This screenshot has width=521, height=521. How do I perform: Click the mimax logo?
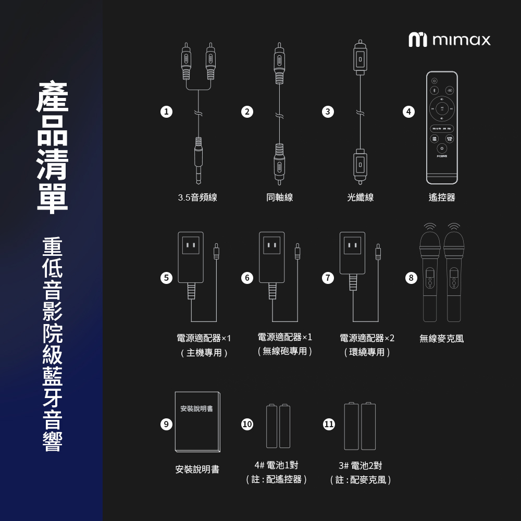(449, 40)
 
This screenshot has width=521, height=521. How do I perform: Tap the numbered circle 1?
(166, 111)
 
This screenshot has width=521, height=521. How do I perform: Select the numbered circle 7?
(328, 278)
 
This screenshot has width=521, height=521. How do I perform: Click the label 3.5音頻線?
(197, 197)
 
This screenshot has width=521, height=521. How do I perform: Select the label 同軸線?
(279, 197)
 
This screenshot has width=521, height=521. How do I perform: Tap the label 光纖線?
(361, 197)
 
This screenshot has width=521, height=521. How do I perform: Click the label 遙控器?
(442, 197)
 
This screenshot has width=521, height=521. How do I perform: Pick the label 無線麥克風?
(441, 339)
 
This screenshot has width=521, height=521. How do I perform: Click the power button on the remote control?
(435, 80)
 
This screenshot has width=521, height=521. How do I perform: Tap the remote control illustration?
(442, 128)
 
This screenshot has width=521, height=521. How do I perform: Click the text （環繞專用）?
(367, 353)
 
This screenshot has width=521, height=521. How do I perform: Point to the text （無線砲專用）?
(284, 352)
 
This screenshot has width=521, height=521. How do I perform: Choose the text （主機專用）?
(204, 353)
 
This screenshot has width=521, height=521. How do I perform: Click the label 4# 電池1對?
(276, 465)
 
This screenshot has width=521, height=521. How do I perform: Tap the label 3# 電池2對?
(360, 465)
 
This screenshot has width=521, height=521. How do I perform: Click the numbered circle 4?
(409, 111)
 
